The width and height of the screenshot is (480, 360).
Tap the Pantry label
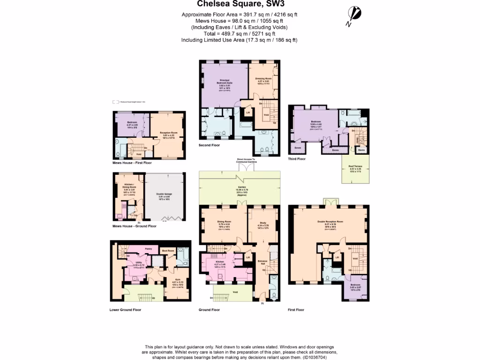click(x=148, y=248)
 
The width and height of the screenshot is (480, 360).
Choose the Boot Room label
click(x=168, y=251)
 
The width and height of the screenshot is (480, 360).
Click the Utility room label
click(x=138, y=262)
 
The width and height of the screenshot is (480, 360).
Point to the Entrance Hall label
click(x=262, y=261)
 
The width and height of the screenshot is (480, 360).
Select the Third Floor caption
click(x=296, y=159)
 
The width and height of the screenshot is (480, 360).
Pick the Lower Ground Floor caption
click(x=125, y=309)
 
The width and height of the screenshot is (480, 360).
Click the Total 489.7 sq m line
click(x=239, y=34)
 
